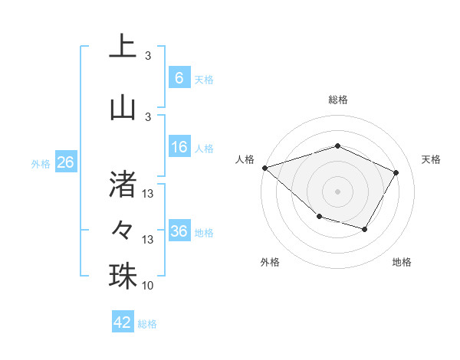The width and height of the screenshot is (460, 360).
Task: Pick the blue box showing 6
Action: tap(179, 77)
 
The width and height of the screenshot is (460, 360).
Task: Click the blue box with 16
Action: tap(179, 147)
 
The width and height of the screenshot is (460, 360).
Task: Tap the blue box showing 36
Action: tap(179, 231)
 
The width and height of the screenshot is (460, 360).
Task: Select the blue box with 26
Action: tap(65, 162)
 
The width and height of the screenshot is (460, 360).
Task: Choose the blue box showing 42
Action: tap(123, 322)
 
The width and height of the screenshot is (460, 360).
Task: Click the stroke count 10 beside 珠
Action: tap(147, 286)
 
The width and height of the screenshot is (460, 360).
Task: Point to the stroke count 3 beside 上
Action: tap(148, 56)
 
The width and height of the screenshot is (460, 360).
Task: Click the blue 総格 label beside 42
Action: tap(147, 324)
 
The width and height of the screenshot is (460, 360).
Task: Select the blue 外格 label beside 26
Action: tap(41, 163)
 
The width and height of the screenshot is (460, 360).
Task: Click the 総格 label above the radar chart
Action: tap(337, 100)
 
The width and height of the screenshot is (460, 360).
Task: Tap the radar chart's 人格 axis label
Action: tap(245, 159)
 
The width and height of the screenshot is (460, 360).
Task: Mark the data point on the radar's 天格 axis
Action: tap(396, 172)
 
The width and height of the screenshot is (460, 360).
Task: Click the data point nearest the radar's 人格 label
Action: tap(264, 168)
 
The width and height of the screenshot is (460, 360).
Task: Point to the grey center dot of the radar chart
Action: tap(337, 191)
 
